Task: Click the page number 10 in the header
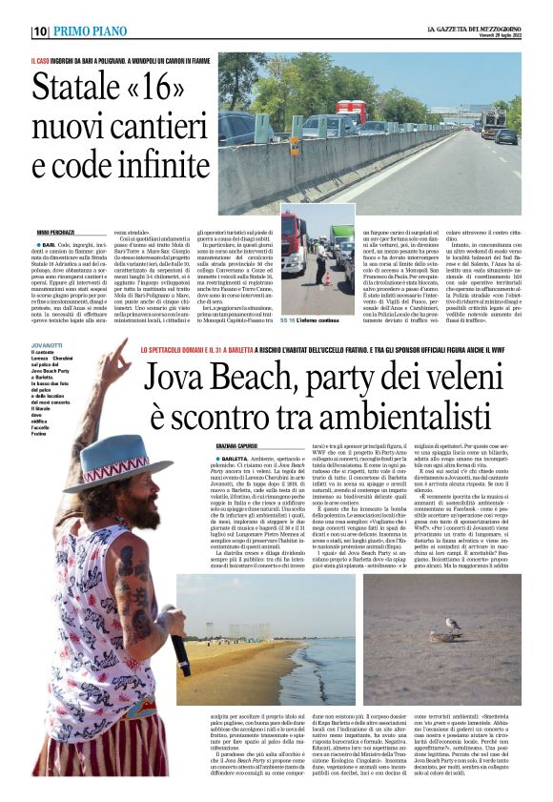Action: [x=40, y=31]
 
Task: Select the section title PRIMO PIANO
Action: [x=91, y=31]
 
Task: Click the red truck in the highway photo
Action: [x=352, y=112]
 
